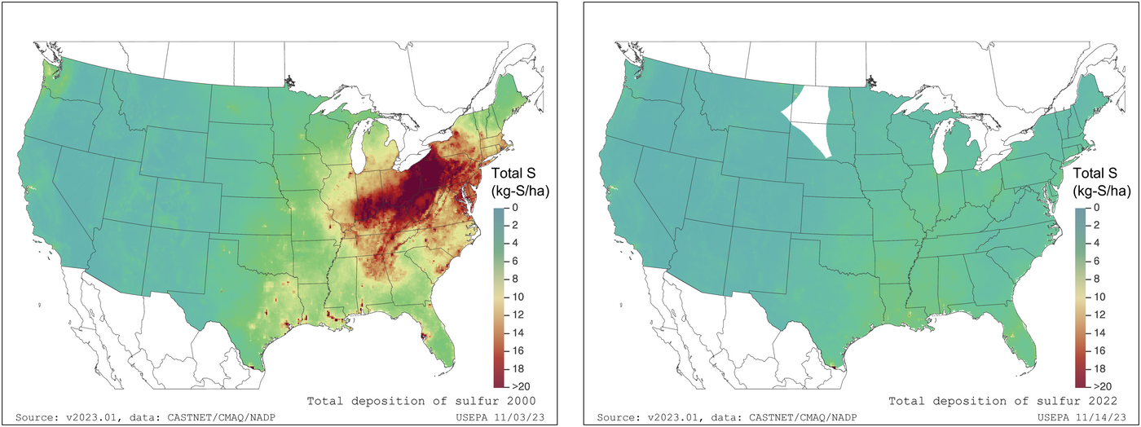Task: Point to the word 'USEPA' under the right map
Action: click(x=1048, y=417)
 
